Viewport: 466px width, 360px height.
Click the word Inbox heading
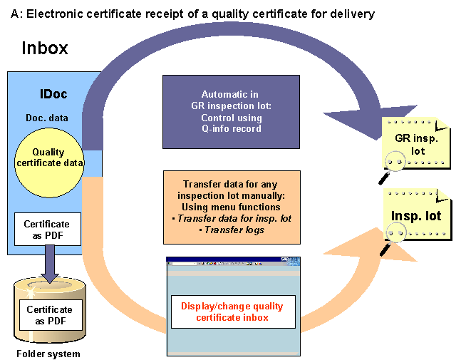[x=45, y=48]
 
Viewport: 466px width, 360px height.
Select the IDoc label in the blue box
[x=53, y=94]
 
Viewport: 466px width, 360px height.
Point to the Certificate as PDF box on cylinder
[x=49, y=314]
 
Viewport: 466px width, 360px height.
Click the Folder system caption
[x=49, y=354]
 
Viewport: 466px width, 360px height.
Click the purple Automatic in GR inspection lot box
[x=231, y=111]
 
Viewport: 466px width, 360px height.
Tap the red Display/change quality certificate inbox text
[x=232, y=312]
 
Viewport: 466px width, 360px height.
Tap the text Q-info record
[x=231, y=128]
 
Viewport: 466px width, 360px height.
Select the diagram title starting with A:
[x=193, y=14]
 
